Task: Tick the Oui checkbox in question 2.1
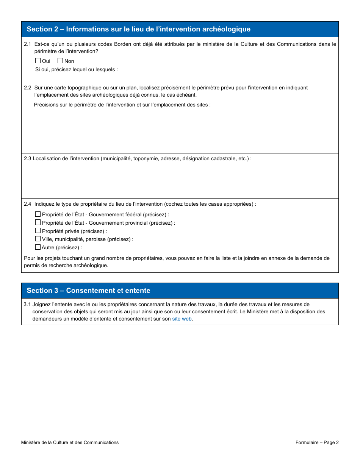[38, 61]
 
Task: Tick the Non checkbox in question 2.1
[60, 61]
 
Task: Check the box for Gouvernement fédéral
[38, 214]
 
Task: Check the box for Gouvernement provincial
[38, 222]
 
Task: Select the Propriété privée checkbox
[38, 231]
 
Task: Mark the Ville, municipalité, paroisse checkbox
[38, 239]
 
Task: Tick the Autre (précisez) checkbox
[38, 247]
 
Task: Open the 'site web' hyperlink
[182, 319]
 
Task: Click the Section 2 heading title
[138, 29]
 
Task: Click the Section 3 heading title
[88, 291]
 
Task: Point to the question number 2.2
[28, 88]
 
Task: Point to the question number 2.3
[28, 158]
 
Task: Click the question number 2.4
[28, 204]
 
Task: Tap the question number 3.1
[27, 304]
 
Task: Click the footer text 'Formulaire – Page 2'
[317, 443]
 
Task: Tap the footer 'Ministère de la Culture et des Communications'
[70, 443]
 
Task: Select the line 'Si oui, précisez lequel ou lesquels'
[76, 69]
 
